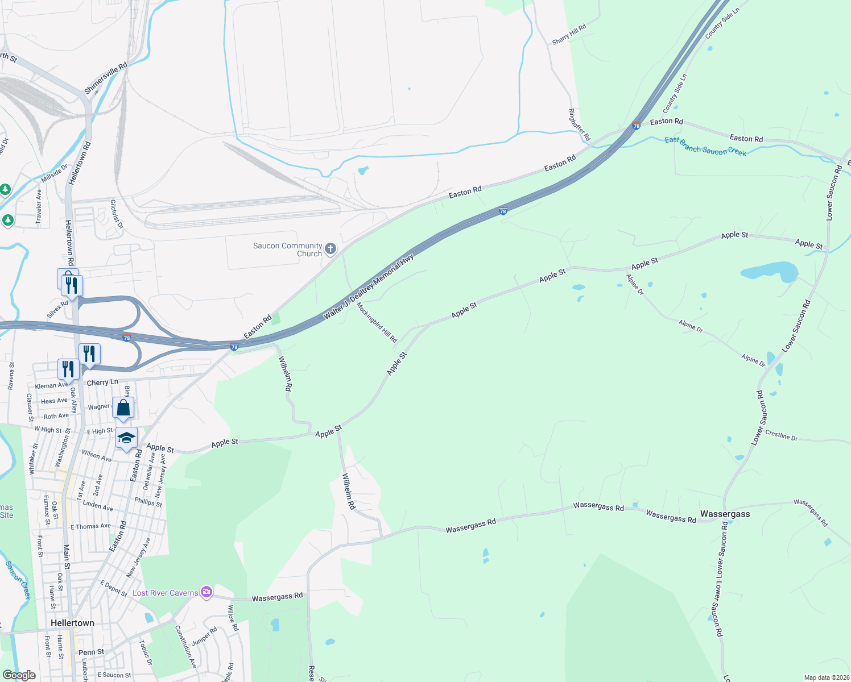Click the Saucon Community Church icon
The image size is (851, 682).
tap(331, 249)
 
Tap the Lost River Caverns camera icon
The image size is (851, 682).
tap(206, 592)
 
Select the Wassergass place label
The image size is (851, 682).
tap(725, 514)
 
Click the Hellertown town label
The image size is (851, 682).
tap(72, 623)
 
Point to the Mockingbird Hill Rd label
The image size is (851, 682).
tap(377, 322)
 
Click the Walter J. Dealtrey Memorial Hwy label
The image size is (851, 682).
tap(369, 286)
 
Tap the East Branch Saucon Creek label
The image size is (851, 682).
tap(705, 147)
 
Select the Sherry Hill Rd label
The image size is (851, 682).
tap(569, 34)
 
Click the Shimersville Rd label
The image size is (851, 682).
tap(106, 78)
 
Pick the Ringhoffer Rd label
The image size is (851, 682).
tap(580, 125)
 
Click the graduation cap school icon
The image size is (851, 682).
tap(126, 438)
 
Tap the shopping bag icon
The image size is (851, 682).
tap(123, 407)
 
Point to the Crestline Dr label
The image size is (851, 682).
tap(781, 435)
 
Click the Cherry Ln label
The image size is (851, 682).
tap(102, 382)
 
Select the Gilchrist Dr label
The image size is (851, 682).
tap(117, 214)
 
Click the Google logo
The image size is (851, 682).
tap(19, 675)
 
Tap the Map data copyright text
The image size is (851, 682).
tap(825, 677)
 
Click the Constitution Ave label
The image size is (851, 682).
tap(185, 647)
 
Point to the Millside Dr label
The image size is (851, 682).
tap(54, 173)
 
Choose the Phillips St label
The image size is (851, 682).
tap(148, 502)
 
